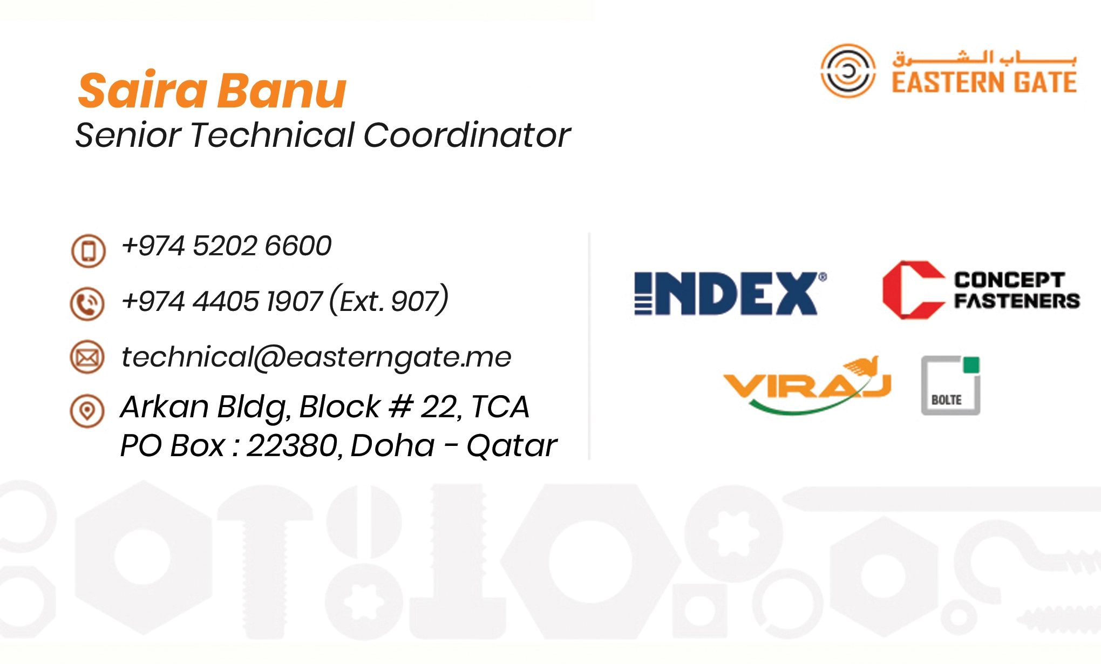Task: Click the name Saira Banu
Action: (212, 90)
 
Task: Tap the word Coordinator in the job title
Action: (467, 134)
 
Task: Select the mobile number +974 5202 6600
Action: (226, 246)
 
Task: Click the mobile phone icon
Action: (88, 250)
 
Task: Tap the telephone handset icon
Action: (87, 304)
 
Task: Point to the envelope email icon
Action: (87, 357)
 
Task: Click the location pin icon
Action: (87, 411)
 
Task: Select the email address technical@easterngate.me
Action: (316, 357)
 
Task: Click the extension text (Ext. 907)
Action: (389, 300)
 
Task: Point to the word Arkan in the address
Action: (165, 406)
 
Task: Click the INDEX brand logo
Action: (730, 293)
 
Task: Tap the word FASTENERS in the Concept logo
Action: (1017, 301)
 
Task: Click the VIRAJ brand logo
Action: (807, 384)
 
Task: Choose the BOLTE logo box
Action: (950, 385)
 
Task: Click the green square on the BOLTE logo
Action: (971, 365)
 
